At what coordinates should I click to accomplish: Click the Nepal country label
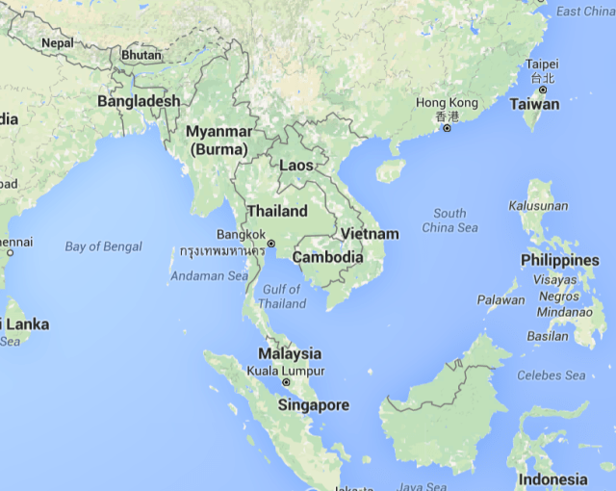pyautogui.click(x=57, y=43)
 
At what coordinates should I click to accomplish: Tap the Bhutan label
pyautogui.click(x=141, y=55)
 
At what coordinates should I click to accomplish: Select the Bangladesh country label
pyautogui.click(x=139, y=101)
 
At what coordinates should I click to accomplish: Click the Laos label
pyautogui.click(x=295, y=166)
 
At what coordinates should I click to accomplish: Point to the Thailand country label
pyautogui.click(x=277, y=211)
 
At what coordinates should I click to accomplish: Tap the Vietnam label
pyautogui.click(x=370, y=234)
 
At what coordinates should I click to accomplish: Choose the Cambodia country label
pyautogui.click(x=327, y=257)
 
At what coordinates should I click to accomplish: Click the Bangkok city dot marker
pyautogui.click(x=271, y=244)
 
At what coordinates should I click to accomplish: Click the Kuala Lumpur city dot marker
pyautogui.click(x=286, y=383)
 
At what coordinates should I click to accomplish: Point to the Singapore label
pyautogui.click(x=313, y=405)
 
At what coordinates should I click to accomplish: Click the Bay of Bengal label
pyautogui.click(x=103, y=246)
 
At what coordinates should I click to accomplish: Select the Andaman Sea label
pyautogui.click(x=209, y=276)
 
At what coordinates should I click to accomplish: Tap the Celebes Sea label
pyautogui.click(x=552, y=375)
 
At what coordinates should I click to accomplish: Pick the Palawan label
pyautogui.click(x=501, y=299)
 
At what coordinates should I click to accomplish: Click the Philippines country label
pyautogui.click(x=559, y=261)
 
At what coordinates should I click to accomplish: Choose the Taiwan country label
pyautogui.click(x=534, y=104)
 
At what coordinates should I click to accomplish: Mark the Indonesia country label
pyautogui.click(x=552, y=478)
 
